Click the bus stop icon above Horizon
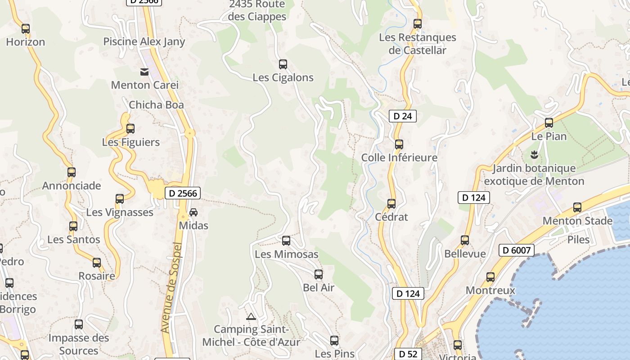[26, 29]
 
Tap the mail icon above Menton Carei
[144, 72]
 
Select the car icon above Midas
[193, 212]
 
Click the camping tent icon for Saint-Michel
[251, 316]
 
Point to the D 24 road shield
[402, 116]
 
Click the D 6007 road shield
[516, 250]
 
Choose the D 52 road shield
[408, 354]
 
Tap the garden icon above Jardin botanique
[534, 155]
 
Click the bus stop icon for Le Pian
[549, 122]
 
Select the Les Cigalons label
[283, 77]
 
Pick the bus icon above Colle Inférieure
[399, 144]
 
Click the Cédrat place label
[391, 217]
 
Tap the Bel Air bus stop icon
[319, 274]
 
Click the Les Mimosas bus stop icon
[286, 241]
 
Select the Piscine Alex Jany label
[144, 42]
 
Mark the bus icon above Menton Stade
[577, 207]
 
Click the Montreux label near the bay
[490, 290]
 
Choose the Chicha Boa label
[156, 105]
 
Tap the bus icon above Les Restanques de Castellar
[418, 24]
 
